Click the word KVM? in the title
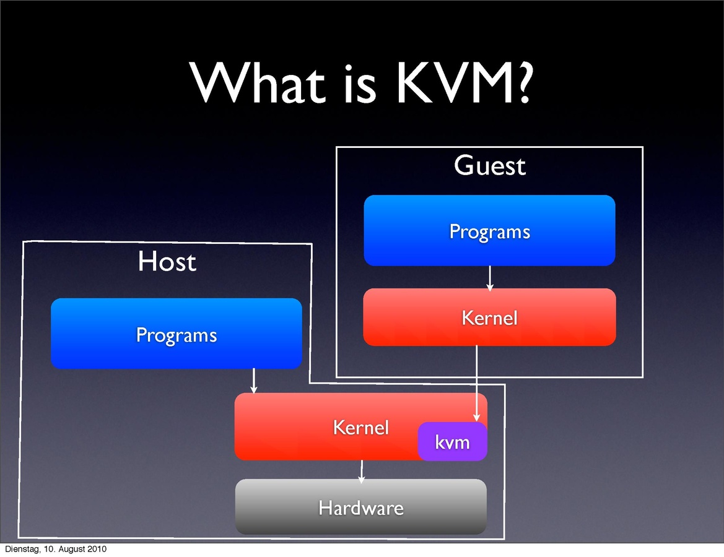(x=463, y=82)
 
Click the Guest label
(x=489, y=166)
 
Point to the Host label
(x=167, y=261)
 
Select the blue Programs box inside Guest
(x=489, y=230)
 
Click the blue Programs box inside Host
(x=176, y=334)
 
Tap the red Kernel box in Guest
(x=489, y=317)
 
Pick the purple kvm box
(x=452, y=442)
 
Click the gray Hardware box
(x=360, y=507)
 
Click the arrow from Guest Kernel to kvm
(x=476, y=384)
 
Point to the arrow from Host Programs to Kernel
(x=254, y=381)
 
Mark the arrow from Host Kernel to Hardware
(x=362, y=470)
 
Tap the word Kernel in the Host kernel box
(x=360, y=427)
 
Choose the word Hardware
(x=360, y=508)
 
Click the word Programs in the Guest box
(x=489, y=231)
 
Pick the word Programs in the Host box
(x=176, y=335)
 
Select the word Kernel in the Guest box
(x=489, y=318)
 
